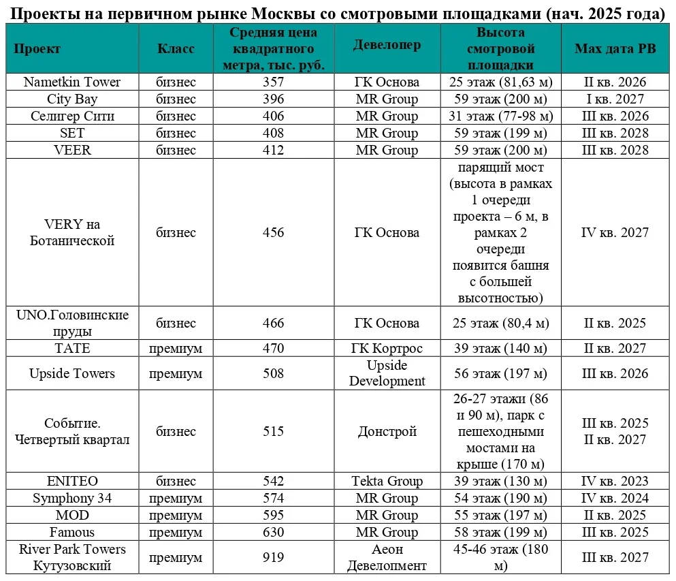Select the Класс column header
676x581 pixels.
coord(176,48)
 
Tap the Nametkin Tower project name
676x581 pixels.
coord(72,82)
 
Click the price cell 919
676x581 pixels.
coord(273,557)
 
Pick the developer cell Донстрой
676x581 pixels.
coord(387,431)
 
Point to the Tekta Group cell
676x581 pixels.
coord(387,481)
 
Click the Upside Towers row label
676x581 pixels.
coord(72,373)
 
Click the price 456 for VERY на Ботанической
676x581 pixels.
coord(273,232)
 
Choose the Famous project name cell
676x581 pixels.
coord(72,532)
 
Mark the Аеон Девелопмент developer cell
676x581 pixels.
coord(387,557)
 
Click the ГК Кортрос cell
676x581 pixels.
coord(387,348)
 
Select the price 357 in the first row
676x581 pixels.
coord(273,82)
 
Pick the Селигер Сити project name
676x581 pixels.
coord(72,116)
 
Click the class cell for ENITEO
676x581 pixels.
coord(176,481)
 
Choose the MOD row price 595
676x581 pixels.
coord(273,515)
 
